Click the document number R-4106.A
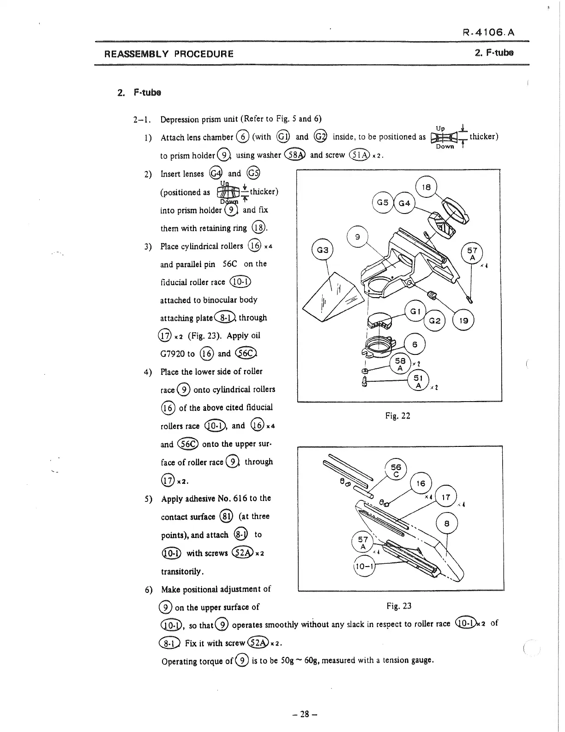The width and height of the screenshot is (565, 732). (488, 32)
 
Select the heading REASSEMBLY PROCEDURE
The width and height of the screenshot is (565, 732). (169, 54)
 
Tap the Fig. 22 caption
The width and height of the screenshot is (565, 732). (397, 416)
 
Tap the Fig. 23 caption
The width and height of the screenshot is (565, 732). (399, 606)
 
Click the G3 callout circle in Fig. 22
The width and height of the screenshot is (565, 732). (323, 250)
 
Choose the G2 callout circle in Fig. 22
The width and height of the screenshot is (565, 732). (434, 321)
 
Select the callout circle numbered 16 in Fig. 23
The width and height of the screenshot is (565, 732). (421, 484)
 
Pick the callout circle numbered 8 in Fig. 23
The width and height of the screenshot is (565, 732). (446, 524)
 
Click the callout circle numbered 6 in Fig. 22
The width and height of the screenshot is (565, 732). (415, 344)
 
